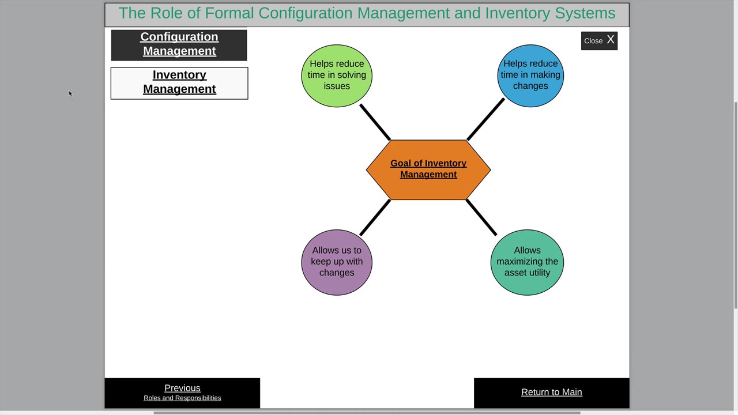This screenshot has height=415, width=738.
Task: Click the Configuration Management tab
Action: tap(179, 44)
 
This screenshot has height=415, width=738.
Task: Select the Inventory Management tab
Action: tap(179, 82)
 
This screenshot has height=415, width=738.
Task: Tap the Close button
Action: tap(593, 41)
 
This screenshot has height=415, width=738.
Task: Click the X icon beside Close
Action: tap(611, 40)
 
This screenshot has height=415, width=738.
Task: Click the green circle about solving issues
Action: tap(337, 76)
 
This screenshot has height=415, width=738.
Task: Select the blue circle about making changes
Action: tap(530, 76)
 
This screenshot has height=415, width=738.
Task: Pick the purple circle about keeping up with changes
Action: tap(337, 262)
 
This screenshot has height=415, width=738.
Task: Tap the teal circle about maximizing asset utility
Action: tap(527, 262)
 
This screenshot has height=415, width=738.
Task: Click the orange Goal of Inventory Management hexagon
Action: tap(428, 169)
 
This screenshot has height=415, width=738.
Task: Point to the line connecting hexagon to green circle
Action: tap(375, 122)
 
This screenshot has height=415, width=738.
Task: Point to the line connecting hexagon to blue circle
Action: tap(485, 119)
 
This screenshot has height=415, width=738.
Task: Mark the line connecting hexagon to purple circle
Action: tap(375, 217)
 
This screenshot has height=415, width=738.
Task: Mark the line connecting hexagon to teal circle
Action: tap(481, 217)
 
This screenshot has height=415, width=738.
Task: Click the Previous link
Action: tap(182, 388)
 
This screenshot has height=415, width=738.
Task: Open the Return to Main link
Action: tap(551, 392)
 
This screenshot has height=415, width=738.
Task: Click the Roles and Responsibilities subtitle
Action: tap(182, 398)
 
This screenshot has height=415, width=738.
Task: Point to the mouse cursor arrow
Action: tap(70, 93)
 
